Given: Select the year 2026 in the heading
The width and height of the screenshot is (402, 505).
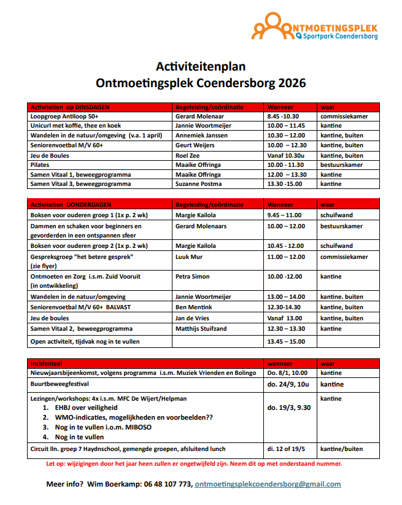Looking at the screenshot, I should (292, 82).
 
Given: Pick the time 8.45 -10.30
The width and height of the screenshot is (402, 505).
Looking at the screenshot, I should (283, 116).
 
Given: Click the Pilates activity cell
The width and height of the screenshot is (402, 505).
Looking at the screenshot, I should (41, 165).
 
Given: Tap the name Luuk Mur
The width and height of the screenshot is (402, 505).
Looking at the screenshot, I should (190, 256).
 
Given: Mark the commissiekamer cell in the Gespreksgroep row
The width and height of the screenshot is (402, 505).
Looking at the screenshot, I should (344, 256).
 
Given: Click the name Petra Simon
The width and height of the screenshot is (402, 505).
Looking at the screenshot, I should (193, 277).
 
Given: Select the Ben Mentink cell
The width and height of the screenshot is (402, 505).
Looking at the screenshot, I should (195, 307).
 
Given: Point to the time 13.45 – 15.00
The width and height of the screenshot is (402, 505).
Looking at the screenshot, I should (286, 341).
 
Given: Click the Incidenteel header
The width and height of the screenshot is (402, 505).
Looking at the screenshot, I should (48, 362).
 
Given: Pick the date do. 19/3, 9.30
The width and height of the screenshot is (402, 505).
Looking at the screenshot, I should (289, 407).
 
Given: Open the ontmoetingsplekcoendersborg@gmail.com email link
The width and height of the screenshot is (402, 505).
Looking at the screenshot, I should (268, 484).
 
